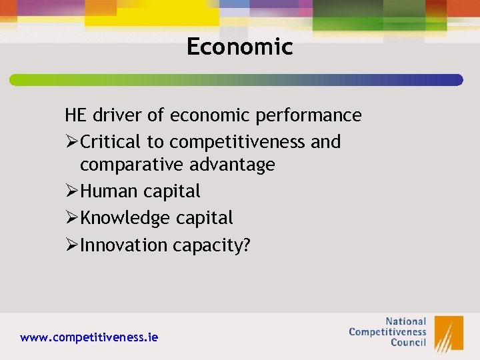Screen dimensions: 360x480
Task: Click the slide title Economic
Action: click(239, 47)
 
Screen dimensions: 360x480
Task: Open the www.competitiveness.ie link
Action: click(89, 337)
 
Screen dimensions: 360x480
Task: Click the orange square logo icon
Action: click(449, 333)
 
